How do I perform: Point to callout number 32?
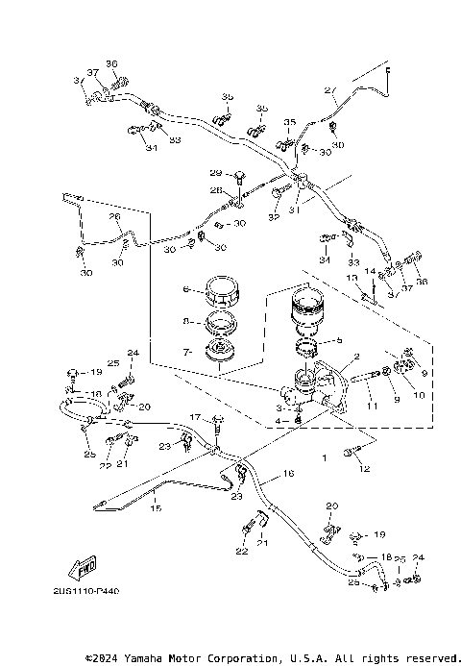274,219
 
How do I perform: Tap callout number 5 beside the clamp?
337,340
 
